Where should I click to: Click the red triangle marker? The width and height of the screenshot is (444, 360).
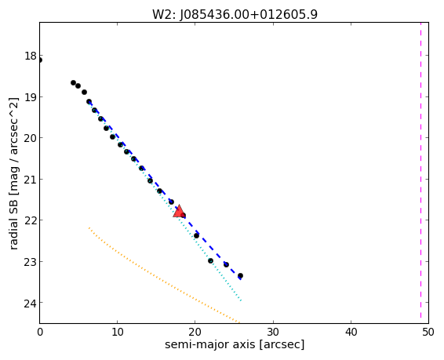tap(179, 212)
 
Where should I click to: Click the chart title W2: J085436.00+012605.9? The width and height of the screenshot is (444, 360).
tap(235, 14)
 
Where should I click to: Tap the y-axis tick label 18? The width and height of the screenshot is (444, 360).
tap(31, 56)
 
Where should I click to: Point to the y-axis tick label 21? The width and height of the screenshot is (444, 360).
tap(31, 180)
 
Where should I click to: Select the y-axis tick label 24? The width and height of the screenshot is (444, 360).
tap(31, 303)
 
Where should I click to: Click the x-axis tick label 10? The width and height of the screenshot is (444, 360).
tap(117, 332)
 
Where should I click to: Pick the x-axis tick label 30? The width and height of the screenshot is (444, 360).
tap(273, 332)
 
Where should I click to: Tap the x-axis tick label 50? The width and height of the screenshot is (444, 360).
tap(428, 332)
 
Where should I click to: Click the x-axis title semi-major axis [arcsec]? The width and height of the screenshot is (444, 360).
tap(235, 345)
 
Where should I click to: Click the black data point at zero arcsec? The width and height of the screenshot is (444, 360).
tap(40, 60)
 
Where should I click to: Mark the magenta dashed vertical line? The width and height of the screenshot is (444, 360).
tap(420, 173)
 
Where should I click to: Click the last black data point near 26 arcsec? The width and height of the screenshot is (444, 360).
tap(240, 275)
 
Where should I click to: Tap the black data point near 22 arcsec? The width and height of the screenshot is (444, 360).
tap(210, 260)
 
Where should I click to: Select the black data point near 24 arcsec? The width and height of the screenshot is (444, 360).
tap(226, 264)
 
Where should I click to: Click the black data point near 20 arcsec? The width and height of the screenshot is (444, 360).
tap(196, 235)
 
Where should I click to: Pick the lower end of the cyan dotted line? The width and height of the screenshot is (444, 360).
tap(241, 300)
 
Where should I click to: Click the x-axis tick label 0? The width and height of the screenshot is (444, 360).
tap(40, 332)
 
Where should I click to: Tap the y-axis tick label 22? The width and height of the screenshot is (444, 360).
tap(31, 220)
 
